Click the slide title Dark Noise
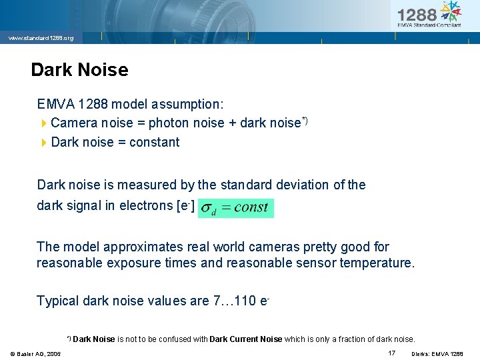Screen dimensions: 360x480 tap(79, 69)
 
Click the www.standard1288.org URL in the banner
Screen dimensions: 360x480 tap(41, 39)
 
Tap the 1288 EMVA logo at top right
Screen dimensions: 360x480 tap(429, 15)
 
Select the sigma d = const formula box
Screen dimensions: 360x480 tap(236, 207)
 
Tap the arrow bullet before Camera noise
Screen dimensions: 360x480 tap(44, 123)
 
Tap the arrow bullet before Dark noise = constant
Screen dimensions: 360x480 tap(44, 143)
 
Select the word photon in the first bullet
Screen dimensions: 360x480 tap(168, 123)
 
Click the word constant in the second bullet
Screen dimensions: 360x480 tap(154, 142)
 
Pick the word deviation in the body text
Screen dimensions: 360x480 tap(307, 185)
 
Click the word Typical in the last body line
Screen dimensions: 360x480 tap(58, 301)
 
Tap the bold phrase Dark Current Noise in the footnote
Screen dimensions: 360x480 tap(246, 339)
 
